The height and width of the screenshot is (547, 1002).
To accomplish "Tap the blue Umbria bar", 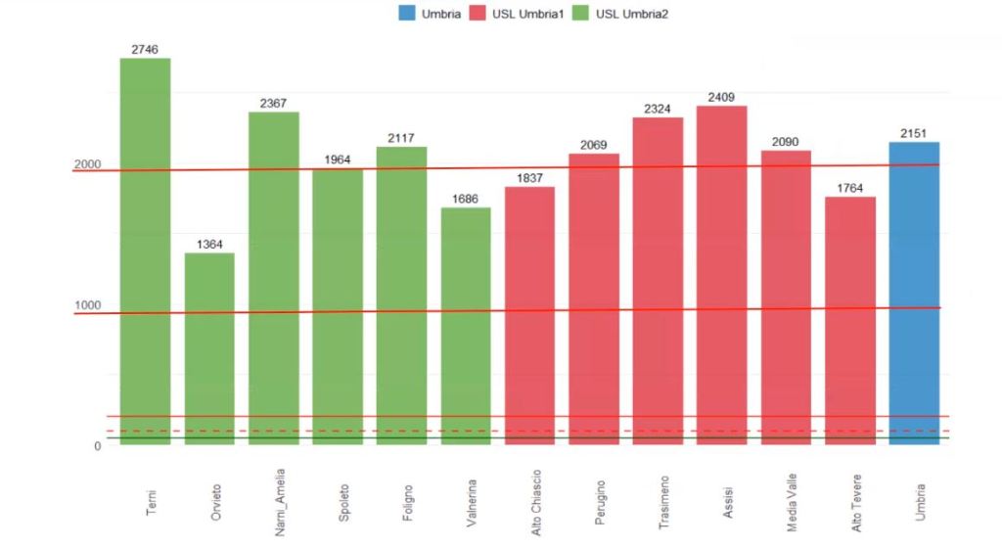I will tap(914, 294).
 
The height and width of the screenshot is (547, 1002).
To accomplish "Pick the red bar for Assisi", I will tap(721, 275).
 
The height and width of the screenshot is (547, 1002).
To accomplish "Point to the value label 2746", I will tap(145, 49).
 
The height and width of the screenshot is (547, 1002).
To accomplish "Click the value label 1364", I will tap(209, 244).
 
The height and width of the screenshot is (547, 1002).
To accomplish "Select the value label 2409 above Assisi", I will tap(721, 97).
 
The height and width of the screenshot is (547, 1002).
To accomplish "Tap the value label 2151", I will tap(914, 133).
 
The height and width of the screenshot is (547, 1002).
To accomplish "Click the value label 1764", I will tap(849, 188).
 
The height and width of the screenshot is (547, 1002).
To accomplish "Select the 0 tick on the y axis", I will tap(97, 446).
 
